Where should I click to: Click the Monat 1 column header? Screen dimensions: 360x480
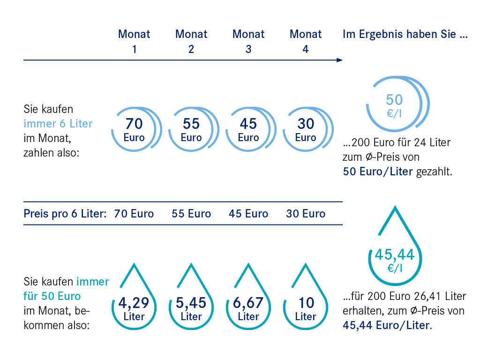point(134,41)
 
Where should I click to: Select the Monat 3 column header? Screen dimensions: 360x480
point(248,41)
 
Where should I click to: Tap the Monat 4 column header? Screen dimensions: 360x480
point(306,41)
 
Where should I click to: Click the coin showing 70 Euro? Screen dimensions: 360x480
point(134,130)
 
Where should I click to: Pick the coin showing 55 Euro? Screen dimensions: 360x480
point(191,130)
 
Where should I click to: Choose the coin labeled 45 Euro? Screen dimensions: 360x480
point(248,130)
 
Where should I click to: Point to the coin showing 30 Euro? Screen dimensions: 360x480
point(306,130)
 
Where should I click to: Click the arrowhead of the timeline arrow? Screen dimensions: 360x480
point(339,60)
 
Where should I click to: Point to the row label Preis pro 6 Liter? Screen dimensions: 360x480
point(65,214)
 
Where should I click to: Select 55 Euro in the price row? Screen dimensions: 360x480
point(191,214)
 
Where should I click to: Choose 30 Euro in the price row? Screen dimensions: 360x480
point(306,214)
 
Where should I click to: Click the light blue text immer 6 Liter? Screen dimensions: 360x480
point(58,124)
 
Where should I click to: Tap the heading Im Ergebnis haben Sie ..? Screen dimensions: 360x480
point(405,34)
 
